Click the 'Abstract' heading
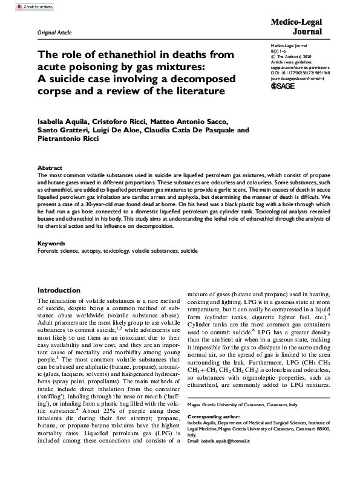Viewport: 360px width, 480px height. point(50,167)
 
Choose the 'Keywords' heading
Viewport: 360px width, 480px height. point(52,243)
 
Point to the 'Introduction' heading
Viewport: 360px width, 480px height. point(59,291)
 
